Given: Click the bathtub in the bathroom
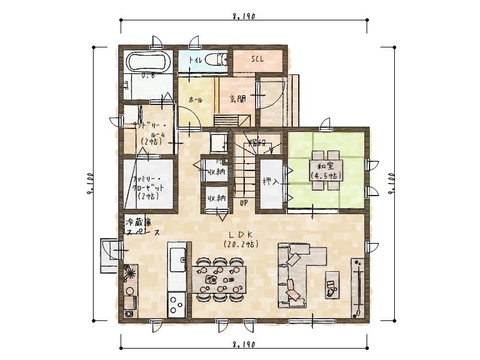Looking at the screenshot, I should [x=148, y=62].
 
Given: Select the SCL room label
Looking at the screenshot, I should [x=257, y=59].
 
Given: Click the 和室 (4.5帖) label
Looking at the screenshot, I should [x=326, y=170].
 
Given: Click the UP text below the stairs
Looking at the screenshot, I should [x=244, y=203].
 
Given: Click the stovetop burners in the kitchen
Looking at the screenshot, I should [x=177, y=303].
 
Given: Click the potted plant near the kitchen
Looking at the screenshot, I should [x=130, y=275].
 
